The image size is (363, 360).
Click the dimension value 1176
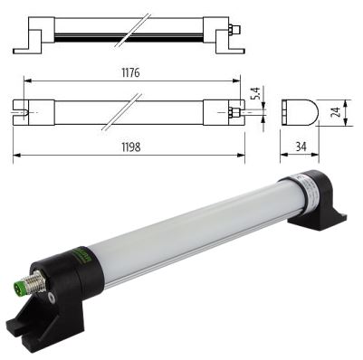pyautogui.click(x=130, y=72)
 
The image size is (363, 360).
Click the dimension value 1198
pyautogui.click(x=131, y=147)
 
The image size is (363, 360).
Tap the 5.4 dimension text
pyautogui.click(x=255, y=94)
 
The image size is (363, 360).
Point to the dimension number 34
pyautogui.click(x=301, y=147)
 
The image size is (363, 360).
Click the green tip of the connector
pyautogui.click(x=19, y=285)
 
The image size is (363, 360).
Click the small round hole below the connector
pyautogui.click(x=53, y=298)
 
